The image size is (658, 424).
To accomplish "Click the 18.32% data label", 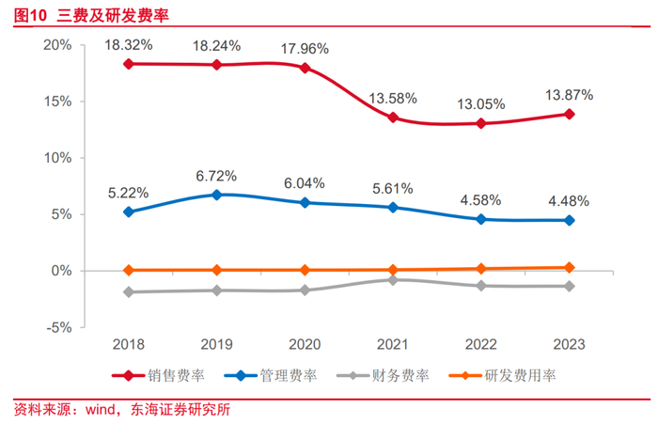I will coord(129,45).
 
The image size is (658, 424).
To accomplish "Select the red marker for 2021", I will coord(392,118).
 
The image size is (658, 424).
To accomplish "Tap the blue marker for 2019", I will coord(217,195).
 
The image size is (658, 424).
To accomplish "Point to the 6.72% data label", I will coord(215,176).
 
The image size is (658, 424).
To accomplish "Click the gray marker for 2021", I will coord(392,279).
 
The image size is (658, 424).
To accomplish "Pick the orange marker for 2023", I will coord(570,268).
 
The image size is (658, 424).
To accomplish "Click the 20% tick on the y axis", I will coord(58,45).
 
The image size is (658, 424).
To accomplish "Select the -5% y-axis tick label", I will coord(58,327).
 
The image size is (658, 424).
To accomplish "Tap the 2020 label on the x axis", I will coord(305,345).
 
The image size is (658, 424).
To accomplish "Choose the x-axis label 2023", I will coord(570,345).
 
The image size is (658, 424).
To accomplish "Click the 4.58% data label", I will coord(480,200).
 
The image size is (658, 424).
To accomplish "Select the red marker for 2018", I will coord(129,64).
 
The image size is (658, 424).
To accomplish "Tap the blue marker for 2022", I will coord(480,219).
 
